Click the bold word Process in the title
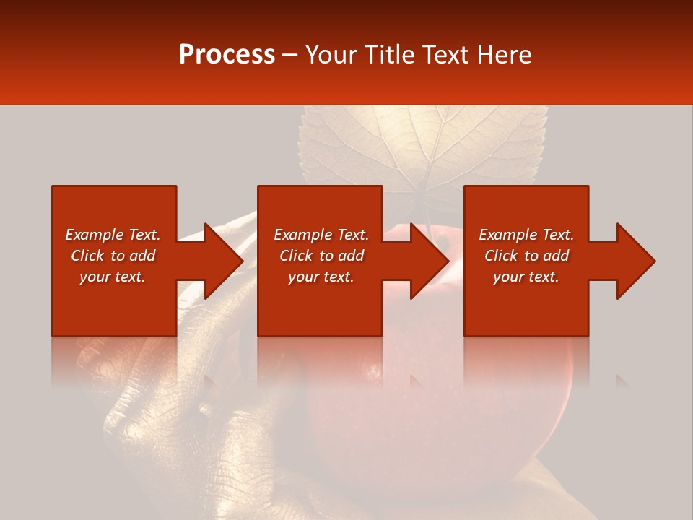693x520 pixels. tap(227, 55)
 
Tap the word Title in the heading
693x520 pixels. tap(389, 55)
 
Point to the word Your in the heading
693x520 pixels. tap(332, 55)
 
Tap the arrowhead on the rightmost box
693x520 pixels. tap(634, 261)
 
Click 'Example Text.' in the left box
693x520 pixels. tap(113, 235)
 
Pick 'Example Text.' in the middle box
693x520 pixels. tap(321, 235)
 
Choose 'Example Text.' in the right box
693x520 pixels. tap(526, 235)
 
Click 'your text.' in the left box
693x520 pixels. tap(113, 277)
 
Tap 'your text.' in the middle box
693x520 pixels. tap(321, 277)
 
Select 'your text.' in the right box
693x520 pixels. tap(526, 277)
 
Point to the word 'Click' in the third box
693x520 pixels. tap(502, 256)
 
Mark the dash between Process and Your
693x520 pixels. tap(290, 56)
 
